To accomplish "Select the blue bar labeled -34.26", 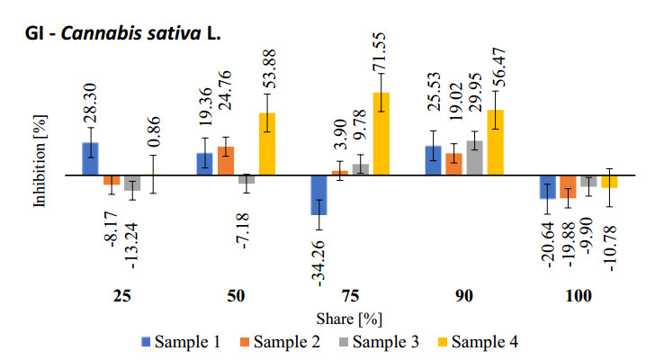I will point(319,194).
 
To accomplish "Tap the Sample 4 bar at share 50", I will point(267,143).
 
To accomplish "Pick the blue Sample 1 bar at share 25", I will point(90,158).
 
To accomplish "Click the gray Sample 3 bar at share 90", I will point(474,157).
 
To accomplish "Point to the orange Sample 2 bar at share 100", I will point(568,186).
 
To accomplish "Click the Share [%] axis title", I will point(345,319).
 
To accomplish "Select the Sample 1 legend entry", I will point(182,341).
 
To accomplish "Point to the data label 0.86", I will point(154,129).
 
